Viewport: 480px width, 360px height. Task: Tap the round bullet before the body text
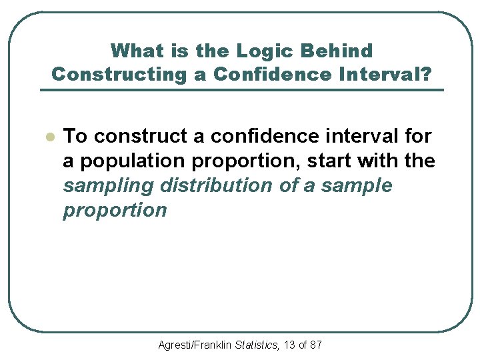point(47,137)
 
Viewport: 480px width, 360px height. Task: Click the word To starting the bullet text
point(75,136)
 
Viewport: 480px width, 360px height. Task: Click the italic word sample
point(357,186)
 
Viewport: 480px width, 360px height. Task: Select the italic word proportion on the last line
point(115,211)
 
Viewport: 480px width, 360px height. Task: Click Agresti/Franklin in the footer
point(195,345)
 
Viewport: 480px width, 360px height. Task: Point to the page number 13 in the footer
point(290,345)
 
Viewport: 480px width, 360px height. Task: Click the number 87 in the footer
point(316,345)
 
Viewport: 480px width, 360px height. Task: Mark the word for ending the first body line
point(418,136)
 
